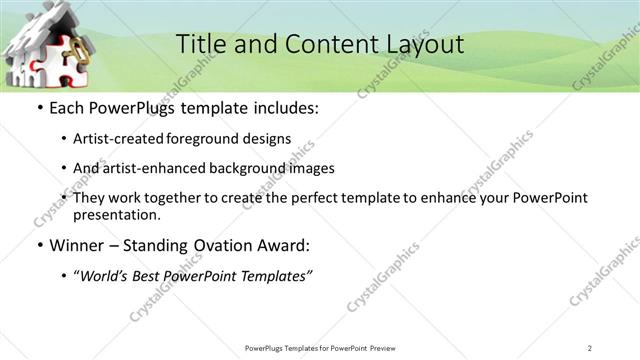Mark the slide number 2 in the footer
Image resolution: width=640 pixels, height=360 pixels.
590,347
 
